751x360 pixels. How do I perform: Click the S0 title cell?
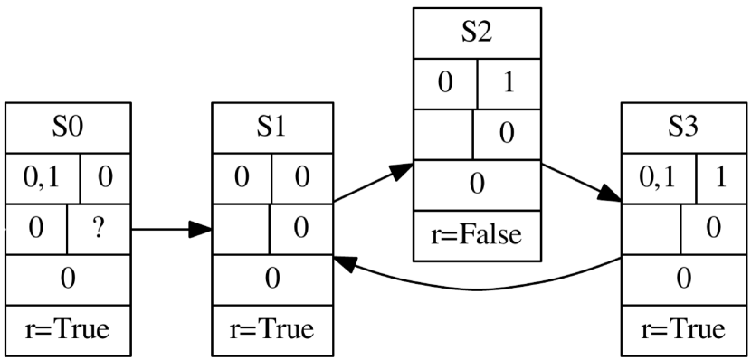coord(67,128)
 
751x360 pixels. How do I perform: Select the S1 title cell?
coord(271,128)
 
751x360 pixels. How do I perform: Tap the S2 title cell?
coord(477,34)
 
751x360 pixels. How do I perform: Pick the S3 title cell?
coord(684,128)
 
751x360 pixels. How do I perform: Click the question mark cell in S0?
coord(100,229)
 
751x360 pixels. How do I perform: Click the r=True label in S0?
coord(67,329)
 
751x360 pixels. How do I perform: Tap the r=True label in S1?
coord(271,329)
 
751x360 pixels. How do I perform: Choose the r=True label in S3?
coord(684,329)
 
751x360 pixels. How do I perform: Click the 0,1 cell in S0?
coord(43,177)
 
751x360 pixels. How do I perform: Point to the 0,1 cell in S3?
coord(658,177)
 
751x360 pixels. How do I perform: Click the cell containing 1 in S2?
coord(509,84)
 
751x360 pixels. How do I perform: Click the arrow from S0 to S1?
coord(172,229)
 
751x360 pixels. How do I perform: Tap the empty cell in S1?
coord(241,229)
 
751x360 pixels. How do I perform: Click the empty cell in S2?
coord(443,134)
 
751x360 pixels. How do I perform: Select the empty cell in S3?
coord(651,229)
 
